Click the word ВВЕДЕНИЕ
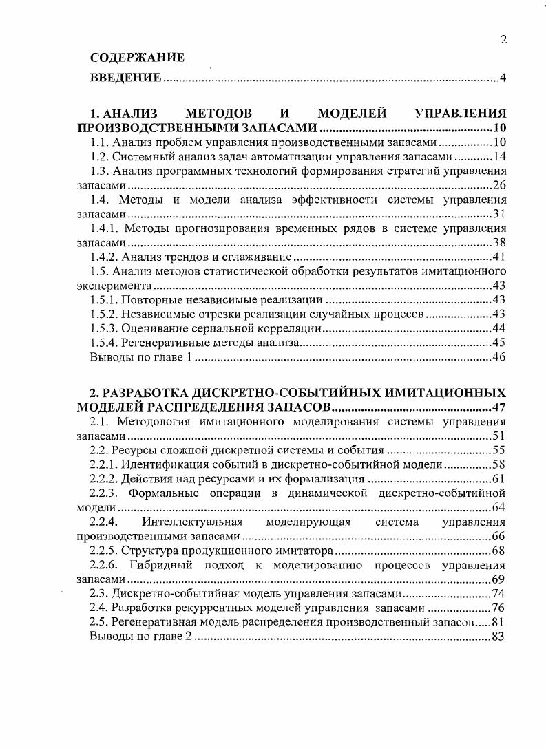click(126, 78)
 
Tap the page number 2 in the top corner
click(503, 39)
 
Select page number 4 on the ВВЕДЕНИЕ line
click(503, 78)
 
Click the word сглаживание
click(265, 257)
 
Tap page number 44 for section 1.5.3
click(500, 328)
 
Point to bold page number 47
click(500, 407)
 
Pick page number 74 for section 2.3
click(500, 594)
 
